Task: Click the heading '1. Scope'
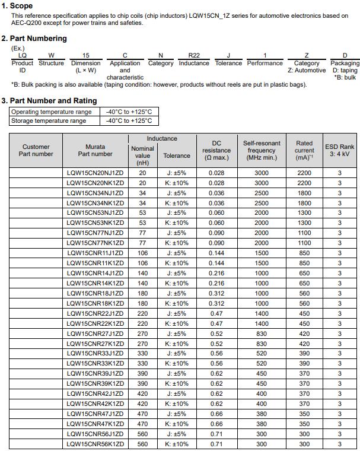[x=17, y=6]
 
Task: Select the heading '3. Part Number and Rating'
[x=49, y=101]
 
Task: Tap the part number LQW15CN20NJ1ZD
[x=95, y=173]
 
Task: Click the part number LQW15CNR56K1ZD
[x=95, y=444]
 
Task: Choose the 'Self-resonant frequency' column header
[x=262, y=150]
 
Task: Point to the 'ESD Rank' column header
[x=339, y=150]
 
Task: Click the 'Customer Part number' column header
[x=36, y=150]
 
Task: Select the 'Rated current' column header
[x=304, y=150]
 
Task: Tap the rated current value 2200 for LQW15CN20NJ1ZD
[x=304, y=173]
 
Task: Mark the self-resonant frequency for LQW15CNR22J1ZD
[x=262, y=313]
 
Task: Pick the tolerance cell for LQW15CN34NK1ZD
[x=177, y=203]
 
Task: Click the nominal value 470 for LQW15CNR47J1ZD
[x=142, y=414]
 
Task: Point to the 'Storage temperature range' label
[x=49, y=121]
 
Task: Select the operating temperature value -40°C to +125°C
[x=129, y=112]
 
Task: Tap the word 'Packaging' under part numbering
[x=345, y=63]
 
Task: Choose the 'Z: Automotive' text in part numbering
[x=307, y=71]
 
